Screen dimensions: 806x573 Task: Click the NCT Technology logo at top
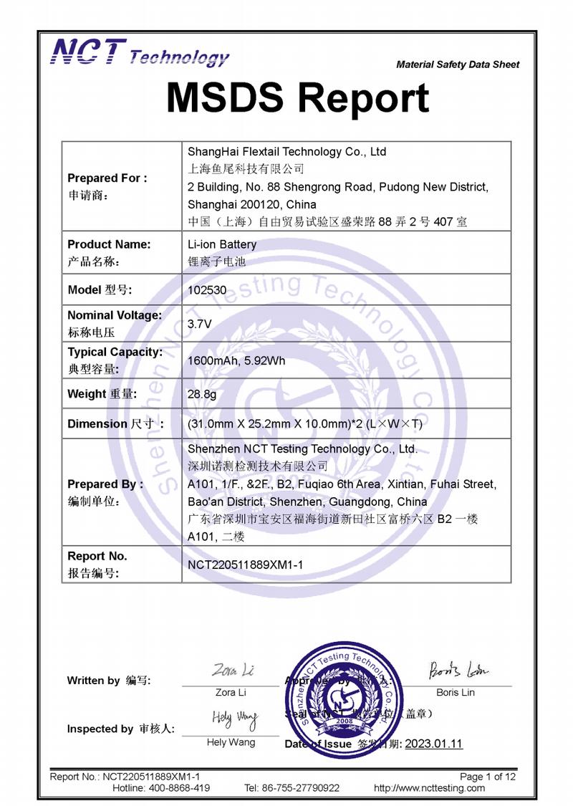click(x=140, y=53)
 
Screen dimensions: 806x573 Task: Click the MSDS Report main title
click(x=297, y=97)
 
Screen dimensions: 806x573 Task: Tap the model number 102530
click(x=204, y=290)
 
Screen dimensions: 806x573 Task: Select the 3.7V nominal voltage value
click(x=199, y=324)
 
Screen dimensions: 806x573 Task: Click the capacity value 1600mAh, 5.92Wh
click(x=236, y=360)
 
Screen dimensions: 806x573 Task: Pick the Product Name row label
click(x=109, y=244)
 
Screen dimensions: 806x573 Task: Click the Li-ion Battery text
click(x=221, y=244)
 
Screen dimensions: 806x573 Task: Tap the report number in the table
click(x=246, y=565)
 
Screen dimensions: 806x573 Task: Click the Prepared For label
click(x=107, y=178)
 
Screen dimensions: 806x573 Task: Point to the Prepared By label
click(x=105, y=484)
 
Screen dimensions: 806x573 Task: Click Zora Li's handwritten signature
click(x=232, y=671)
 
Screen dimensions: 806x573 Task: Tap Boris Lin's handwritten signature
click(x=458, y=671)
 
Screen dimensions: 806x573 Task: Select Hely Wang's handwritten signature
click(x=233, y=719)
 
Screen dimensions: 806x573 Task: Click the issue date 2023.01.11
click(x=433, y=744)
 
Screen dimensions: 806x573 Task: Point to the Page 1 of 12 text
click(x=487, y=777)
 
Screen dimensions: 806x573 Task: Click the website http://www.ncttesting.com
click(x=429, y=788)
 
